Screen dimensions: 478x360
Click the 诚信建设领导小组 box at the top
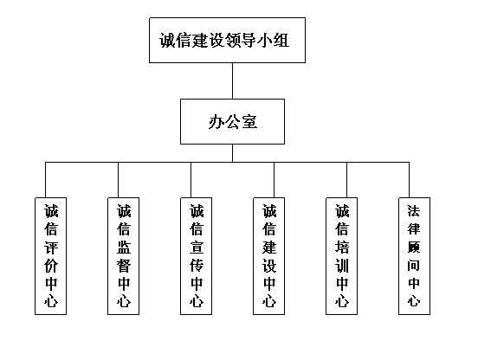click(227, 40)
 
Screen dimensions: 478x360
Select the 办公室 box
click(232, 121)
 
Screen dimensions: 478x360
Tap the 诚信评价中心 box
click(50, 256)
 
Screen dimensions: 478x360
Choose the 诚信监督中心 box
click(124, 256)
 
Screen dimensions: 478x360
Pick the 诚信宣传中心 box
click(196, 256)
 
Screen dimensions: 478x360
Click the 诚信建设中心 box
click(268, 256)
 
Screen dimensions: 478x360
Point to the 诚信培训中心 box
click(341, 256)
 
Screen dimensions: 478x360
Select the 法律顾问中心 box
click(414, 256)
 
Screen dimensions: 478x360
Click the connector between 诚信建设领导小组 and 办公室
click(233, 81)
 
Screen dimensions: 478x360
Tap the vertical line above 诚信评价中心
click(45, 180)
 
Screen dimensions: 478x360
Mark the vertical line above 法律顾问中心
click(409, 180)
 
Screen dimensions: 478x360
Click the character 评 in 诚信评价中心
click(51, 247)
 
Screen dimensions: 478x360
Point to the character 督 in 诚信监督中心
click(124, 266)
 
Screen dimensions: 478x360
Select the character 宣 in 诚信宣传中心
click(197, 247)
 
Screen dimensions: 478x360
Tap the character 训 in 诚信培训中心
click(342, 266)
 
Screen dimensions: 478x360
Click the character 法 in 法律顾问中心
click(414, 211)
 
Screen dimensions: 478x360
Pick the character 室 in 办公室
click(249, 121)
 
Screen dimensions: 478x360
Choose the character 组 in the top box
click(281, 40)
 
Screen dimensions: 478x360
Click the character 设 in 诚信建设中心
click(269, 266)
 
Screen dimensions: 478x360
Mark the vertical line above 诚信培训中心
click(347, 180)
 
